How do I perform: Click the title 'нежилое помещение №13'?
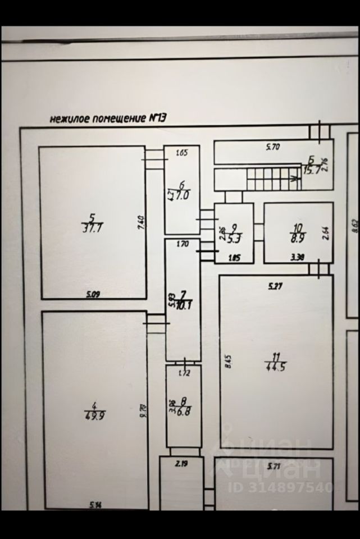[108, 118]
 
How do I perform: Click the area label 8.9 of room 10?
[299, 238]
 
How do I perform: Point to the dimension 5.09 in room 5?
[93, 294]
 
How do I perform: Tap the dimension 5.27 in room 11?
[275, 286]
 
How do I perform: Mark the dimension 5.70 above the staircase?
[274, 148]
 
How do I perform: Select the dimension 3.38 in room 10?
[297, 258]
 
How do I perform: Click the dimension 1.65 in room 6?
[181, 153]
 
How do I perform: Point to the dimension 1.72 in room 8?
[183, 372]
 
